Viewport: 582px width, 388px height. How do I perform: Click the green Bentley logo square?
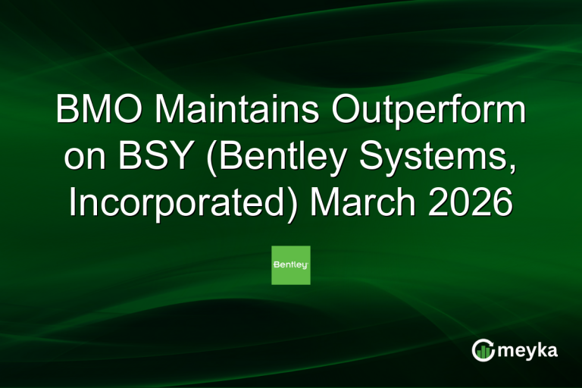coord(291,265)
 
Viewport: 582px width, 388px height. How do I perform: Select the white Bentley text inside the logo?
coord(291,265)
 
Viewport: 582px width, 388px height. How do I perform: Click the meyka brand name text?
coord(527,350)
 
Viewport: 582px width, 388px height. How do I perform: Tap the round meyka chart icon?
coord(483,350)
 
